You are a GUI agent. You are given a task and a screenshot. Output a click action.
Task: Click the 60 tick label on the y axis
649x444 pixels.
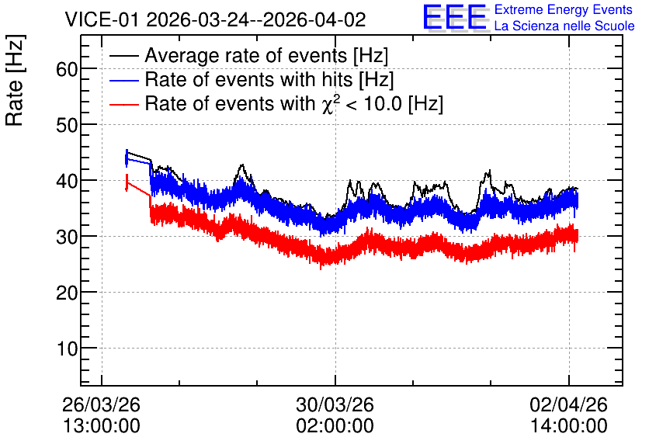pyautogui.click(x=67, y=68)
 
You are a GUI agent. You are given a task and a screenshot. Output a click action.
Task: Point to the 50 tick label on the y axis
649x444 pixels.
pyautogui.click(x=67, y=124)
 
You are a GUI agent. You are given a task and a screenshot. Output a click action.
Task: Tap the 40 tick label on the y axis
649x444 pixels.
pyautogui.click(x=67, y=181)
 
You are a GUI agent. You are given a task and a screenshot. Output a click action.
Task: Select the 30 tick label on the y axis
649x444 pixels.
pyautogui.click(x=67, y=237)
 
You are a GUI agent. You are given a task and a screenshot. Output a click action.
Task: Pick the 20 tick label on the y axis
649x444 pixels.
pyautogui.click(x=67, y=293)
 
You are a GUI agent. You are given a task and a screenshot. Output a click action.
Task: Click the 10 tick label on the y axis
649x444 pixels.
pyautogui.click(x=67, y=349)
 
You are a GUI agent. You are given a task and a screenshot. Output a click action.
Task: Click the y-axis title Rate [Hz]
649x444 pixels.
pyautogui.click(x=15, y=81)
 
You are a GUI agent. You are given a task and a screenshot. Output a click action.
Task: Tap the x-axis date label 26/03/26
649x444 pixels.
pyautogui.click(x=102, y=404)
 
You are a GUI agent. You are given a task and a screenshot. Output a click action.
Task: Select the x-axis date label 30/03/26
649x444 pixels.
pyautogui.click(x=335, y=404)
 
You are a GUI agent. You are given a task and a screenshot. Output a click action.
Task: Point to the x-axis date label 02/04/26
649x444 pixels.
pyautogui.click(x=569, y=404)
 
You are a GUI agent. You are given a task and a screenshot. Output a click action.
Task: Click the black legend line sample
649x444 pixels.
pyautogui.click(x=123, y=56)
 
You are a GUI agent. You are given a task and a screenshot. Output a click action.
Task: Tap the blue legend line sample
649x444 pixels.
pyautogui.click(x=123, y=80)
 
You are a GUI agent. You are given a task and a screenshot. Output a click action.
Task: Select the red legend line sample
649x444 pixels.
pyautogui.click(x=123, y=104)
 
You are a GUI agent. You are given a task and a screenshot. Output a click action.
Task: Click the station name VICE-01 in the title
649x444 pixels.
pyautogui.click(x=102, y=19)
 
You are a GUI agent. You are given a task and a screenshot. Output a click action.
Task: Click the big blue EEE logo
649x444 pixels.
pyautogui.click(x=455, y=18)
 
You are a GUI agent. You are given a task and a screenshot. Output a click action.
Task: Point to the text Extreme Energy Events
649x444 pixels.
pyautogui.click(x=564, y=9)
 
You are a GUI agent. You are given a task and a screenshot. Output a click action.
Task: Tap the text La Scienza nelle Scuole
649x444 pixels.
pyautogui.click(x=564, y=26)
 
